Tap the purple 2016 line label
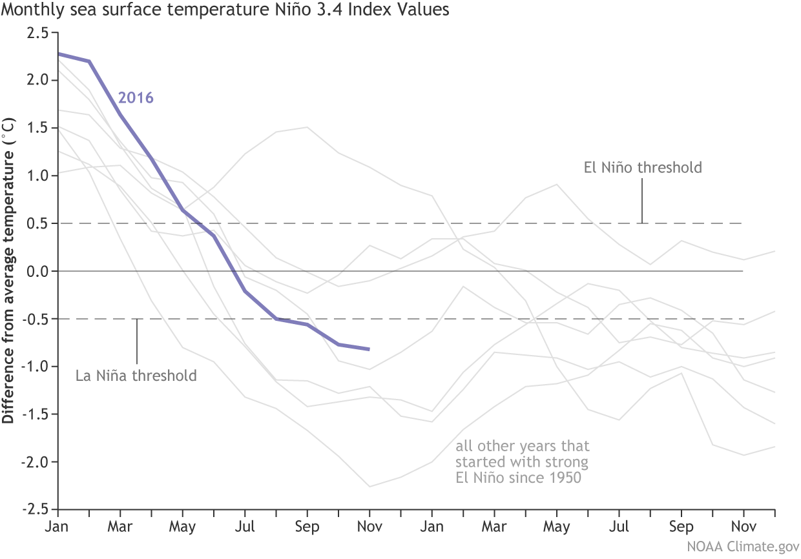click(135, 99)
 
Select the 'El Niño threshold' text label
click(642, 168)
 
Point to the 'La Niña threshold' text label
click(137, 375)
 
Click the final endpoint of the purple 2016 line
click(369, 349)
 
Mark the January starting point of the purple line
click(59, 54)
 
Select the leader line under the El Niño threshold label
click(642, 200)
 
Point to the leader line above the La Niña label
click(137, 342)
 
